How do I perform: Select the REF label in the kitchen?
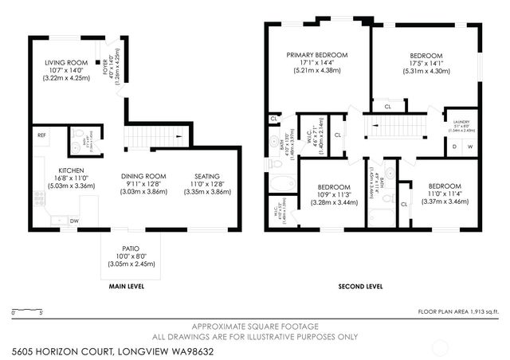tap(41, 136)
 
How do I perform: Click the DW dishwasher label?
tap(73, 221)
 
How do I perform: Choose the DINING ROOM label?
tap(143, 176)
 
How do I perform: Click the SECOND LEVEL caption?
tap(361, 286)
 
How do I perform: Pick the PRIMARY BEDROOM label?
tap(318, 55)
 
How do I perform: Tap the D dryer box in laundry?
tap(454, 147)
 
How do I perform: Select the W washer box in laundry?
tap(469, 147)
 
